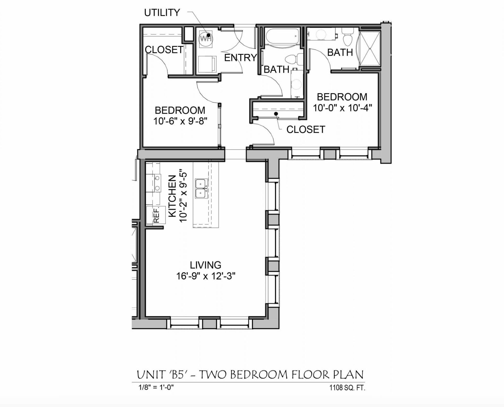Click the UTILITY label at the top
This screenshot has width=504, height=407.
click(x=162, y=13)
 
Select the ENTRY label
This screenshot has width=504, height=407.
click(x=240, y=58)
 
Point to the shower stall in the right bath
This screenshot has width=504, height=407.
click(x=370, y=49)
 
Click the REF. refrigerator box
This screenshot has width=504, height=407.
click(x=156, y=215)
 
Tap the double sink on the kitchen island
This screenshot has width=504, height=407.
click(x=201, y=189)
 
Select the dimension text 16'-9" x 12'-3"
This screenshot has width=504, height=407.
click(x=206, y=276)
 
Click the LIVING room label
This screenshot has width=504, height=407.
click(x=206, y=265)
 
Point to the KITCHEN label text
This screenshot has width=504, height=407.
click(x=172, y=196)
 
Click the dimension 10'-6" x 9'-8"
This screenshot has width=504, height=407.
click(x=180, y=121)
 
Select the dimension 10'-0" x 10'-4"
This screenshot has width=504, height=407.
click(x=342, y=108)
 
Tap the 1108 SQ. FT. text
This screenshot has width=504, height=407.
click(x=347, y=388)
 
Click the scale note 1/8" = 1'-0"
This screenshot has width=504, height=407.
click(x=156, y=387)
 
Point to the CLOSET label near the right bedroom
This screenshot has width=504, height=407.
click(x=306, y=129)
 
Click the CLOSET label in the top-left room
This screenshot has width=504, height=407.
click(x=164, y=50)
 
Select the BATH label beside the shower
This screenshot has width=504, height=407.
click(x=340, y=52)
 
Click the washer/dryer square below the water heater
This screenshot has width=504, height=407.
click(x=207, y=64)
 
